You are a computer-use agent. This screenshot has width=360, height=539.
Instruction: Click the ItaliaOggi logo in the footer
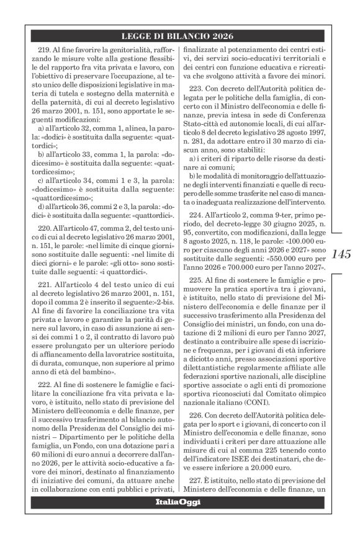(x=179, y=519)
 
